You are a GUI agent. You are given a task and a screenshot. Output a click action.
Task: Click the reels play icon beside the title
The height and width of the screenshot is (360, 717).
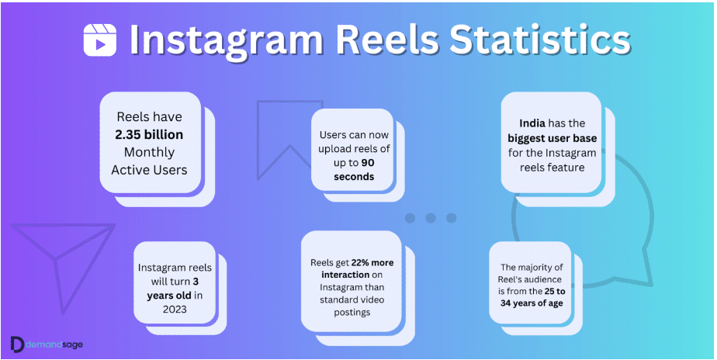pos(99,40)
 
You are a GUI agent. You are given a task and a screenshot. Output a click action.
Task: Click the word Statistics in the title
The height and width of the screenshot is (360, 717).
pos(540,40)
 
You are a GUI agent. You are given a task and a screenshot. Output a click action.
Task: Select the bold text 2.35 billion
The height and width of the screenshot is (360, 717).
pos(149,134)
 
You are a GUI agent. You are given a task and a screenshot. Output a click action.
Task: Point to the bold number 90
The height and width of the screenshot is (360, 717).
pos(367,162)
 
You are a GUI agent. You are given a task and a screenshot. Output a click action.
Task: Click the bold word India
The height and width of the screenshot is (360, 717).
pos(532,123)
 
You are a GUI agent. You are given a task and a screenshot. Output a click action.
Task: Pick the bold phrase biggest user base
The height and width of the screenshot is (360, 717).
pos(552,137)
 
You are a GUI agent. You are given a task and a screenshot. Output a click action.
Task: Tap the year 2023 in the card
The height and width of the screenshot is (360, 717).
pos(175,310)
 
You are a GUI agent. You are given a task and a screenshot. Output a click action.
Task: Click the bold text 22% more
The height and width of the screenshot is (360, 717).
pos(372,262)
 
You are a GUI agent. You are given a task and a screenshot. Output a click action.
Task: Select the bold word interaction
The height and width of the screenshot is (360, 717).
pos(345,275)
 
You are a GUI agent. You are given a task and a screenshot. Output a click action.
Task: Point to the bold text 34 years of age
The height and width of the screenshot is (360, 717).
pos(531,303)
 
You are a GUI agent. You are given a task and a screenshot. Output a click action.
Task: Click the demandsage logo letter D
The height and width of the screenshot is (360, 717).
pos(17,344)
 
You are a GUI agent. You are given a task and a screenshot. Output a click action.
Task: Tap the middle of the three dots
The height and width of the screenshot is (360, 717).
pos(431,218)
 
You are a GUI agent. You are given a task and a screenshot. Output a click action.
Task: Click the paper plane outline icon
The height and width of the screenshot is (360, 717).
pos(56,260)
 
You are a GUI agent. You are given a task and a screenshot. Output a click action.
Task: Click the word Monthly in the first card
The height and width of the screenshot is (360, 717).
pos(149,152)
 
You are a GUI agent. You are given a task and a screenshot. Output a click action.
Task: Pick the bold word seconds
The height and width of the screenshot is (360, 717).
pos(354,177)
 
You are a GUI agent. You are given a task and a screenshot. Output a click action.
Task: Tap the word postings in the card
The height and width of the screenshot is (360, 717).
pos(352,313)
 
